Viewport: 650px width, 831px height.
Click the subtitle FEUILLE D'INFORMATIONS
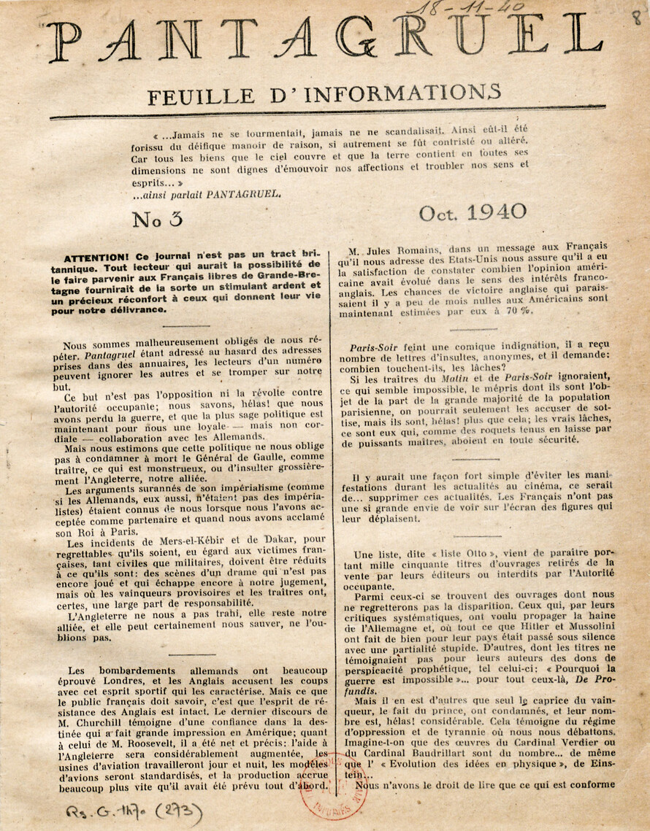(x=324, y=95)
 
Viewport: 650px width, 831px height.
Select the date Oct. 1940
(x=472, y=213)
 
